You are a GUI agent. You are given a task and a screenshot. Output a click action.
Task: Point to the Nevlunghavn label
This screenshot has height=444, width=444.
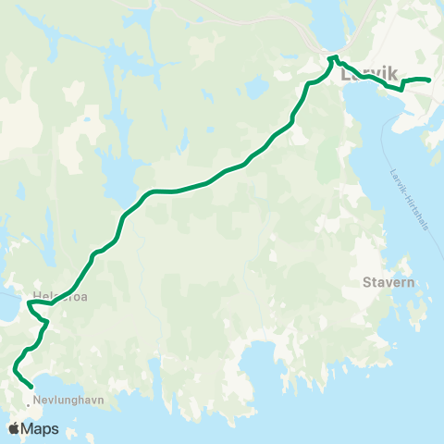(67, 401)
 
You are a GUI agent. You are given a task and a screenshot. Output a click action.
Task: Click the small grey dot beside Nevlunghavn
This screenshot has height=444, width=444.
(27, 401)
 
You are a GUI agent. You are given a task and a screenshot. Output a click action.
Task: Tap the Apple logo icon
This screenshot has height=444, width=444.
(15, 428)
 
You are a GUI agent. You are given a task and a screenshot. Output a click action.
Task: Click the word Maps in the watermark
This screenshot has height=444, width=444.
(41, 428)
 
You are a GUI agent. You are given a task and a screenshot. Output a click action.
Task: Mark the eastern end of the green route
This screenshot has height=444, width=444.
(430, 80)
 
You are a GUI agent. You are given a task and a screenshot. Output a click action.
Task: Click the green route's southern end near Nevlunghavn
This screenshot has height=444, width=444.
(31, 387)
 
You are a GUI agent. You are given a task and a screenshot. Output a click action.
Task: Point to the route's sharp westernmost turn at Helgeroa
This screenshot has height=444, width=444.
(30, 302)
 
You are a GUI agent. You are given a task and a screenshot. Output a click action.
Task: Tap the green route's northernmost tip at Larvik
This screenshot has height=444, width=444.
(330, 57)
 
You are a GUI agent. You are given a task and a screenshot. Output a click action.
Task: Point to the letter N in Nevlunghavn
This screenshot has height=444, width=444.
(36, 401)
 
